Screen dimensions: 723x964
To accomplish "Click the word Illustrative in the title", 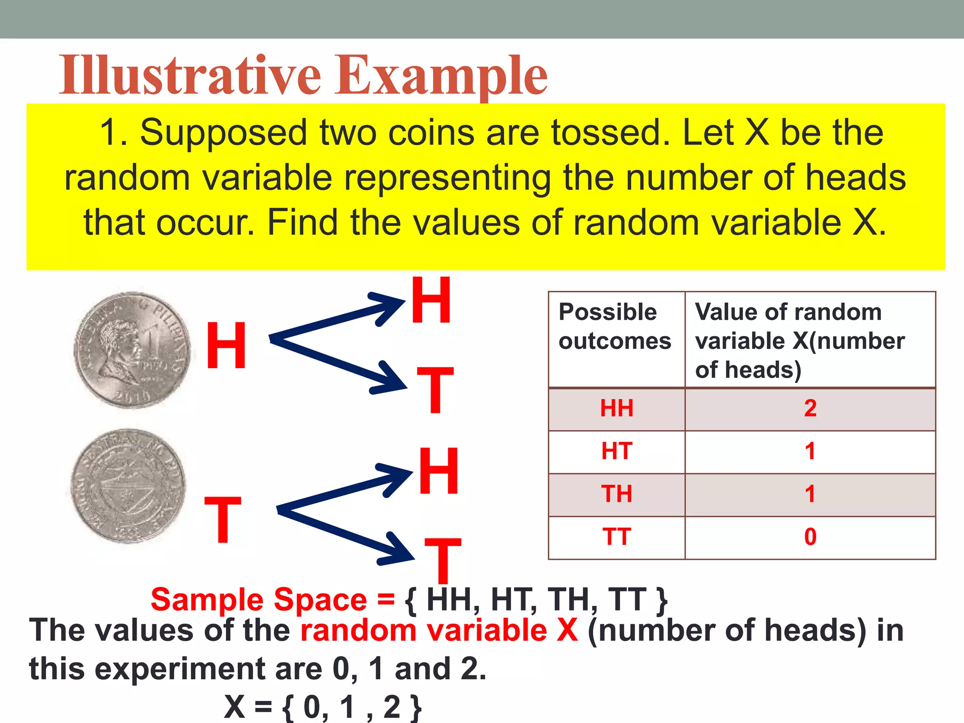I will point(190,75).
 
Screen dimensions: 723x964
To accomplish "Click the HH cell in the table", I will point(617,409).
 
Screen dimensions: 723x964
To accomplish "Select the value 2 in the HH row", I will point(810,409).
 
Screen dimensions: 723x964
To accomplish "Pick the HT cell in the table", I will point(617,451).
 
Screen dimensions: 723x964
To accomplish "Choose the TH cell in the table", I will point(617,494).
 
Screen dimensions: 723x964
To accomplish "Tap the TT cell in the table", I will point(617,537).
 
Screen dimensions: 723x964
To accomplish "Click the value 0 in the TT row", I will point(810,537).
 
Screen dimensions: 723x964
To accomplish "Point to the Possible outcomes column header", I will point(615,326).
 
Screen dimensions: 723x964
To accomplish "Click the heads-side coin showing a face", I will point(132,349).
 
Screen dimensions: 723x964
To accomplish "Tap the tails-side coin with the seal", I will point(128,486).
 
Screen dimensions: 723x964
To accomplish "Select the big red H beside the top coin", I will point(226,346).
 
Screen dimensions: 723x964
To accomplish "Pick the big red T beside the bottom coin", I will point(223,520).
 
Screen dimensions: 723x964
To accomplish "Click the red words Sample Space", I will point(258,600).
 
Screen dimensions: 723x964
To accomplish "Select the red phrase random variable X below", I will point(439,630).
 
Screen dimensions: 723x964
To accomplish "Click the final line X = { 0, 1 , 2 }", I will point(323,707).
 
